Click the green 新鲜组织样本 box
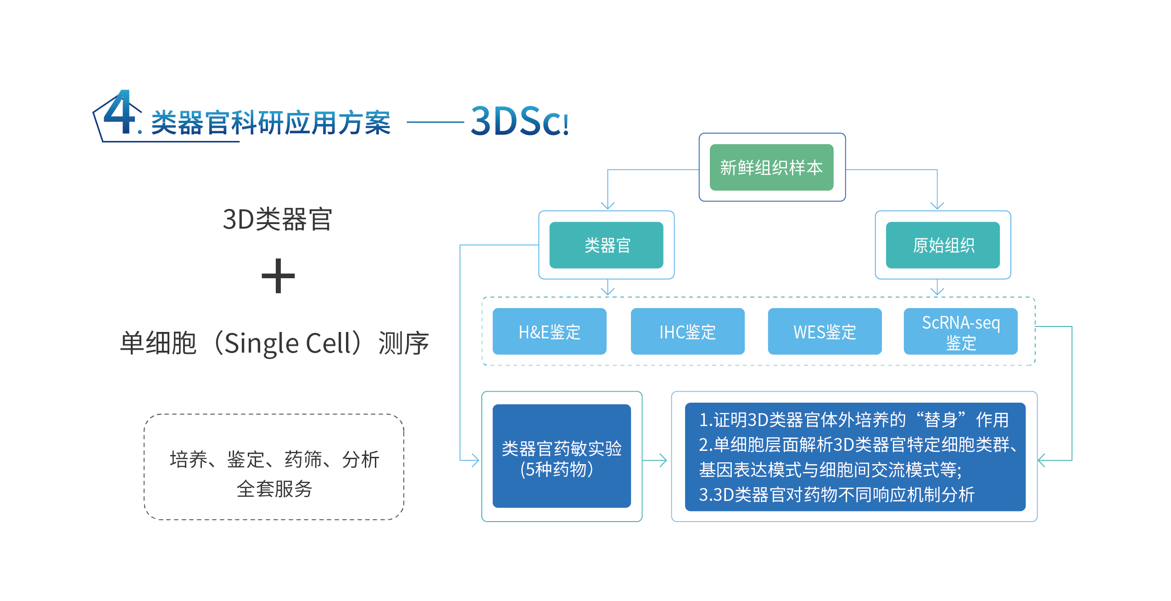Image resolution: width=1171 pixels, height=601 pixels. (771, 167)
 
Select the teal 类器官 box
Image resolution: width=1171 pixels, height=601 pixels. (606, 245)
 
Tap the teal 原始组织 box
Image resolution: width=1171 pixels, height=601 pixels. (942, 245)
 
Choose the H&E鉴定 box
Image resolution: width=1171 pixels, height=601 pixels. (549, 331)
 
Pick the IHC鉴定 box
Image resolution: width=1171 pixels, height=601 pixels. (687, 331)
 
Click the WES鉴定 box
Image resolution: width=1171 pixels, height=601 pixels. (825, 331)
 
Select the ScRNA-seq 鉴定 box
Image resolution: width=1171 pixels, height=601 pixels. (960, 331)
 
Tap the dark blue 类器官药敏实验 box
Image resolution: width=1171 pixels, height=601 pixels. (562, 455)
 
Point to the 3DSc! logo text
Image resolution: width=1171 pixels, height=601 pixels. (520, 121)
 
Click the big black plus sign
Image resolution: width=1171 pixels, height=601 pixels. (278, 275)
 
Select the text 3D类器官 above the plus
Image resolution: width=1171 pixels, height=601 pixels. (277, 219)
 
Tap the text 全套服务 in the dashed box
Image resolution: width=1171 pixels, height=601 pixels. (274, 489)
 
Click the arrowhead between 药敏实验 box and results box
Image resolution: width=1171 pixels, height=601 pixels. (663, 460)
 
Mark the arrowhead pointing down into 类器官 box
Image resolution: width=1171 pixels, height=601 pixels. (608, 206)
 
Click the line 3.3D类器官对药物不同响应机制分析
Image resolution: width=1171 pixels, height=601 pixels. (836, 494)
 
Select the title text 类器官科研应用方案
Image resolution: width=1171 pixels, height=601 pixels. (271, 123)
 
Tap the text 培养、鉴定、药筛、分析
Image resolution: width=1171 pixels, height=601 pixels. (274, 459)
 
